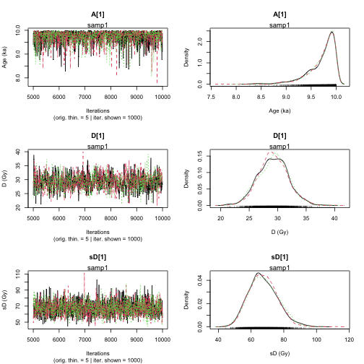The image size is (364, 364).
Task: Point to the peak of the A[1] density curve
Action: coord(331,32)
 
